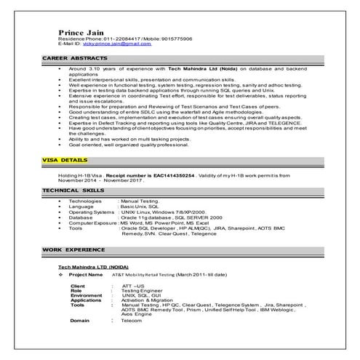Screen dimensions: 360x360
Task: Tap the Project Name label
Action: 85,276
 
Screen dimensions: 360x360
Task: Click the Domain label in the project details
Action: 80,320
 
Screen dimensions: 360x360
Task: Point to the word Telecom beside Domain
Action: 132,320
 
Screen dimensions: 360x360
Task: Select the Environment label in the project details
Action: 87,295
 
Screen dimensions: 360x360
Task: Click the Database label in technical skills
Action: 81,217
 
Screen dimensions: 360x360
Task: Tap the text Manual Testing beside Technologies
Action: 140,199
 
